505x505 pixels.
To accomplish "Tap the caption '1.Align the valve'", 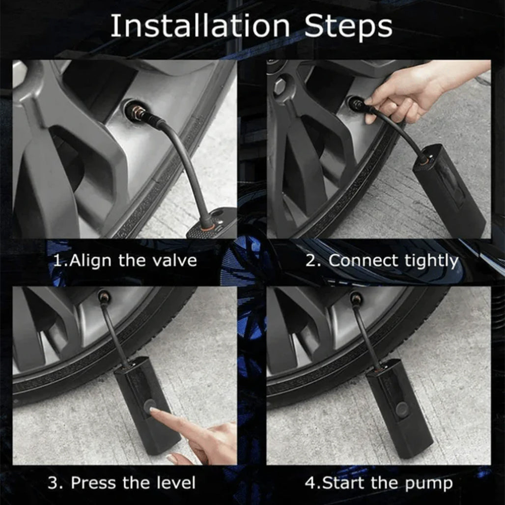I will (125, 260).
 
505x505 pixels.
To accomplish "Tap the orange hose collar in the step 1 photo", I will (207, 225).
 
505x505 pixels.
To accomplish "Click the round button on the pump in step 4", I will (402, 409).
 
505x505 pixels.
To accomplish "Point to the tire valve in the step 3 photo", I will (104, 297).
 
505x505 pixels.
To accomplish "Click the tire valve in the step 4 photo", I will (356, 298).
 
